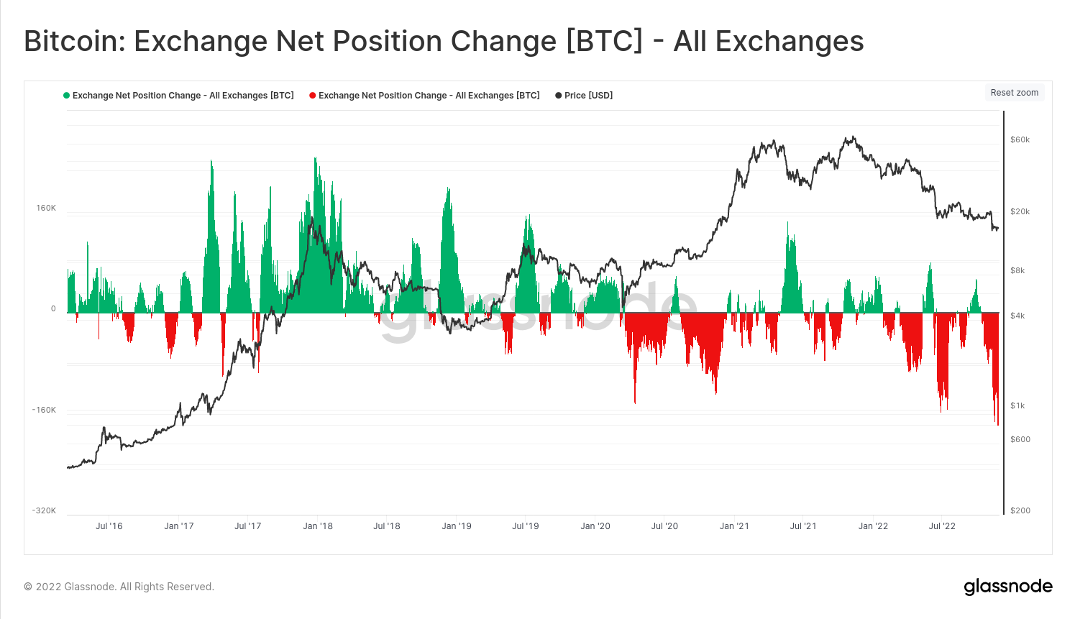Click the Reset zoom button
click(1014, 93)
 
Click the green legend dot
click(67, 96)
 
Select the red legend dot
click(313, 96)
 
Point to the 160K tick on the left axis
click(46, 208)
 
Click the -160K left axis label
click(44, 411)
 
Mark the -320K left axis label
click(44, 511)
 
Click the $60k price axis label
click(1020, 140)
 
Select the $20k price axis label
click(1020, 212)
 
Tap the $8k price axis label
click(1017, 271)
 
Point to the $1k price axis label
click(1017, 406)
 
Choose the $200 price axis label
click(1020, 511)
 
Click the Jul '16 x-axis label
click(109, 526)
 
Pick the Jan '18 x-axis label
click(318, 526)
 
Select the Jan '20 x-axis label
click(595, 526)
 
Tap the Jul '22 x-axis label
click(942, 526)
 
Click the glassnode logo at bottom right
click(1008, 587)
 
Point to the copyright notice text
click(119, 587)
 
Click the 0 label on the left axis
click(53, 309)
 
